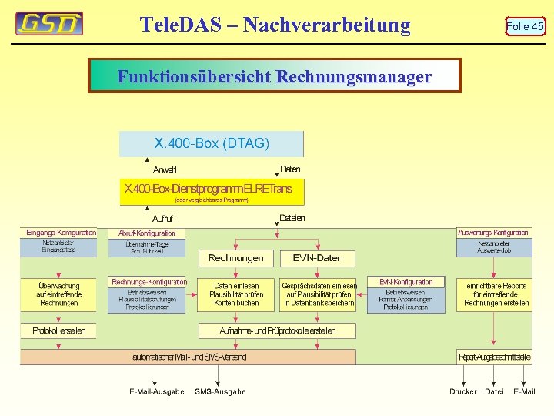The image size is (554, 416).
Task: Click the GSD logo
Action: click(x=49, y=24)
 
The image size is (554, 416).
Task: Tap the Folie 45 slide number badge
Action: click(x=525, y=26)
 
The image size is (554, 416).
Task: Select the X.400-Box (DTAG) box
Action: click(x=212, y=143)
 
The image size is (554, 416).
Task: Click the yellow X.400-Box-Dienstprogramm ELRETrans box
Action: click(x=208, y=191)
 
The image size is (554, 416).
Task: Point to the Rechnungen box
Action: click(x=235, y=258)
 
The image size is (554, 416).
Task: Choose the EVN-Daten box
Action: click(x=318, y=258)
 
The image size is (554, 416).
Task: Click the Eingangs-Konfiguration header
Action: click(x=62, y=233)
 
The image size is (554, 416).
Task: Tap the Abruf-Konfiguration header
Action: click(x=147, y=233)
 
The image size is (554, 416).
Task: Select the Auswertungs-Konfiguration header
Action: click(x=493, y=233)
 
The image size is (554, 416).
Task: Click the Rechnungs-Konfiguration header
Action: click(x=149, y=282)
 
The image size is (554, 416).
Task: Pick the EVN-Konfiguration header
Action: click(x=406, y=282)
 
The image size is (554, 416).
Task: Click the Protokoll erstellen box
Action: click(x=59, y=330)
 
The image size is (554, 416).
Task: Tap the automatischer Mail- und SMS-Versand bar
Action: click(x=189, y=357)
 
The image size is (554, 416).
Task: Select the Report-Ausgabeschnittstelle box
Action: click(x=494, y=357)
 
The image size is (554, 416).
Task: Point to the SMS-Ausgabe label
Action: click(x=220, y=392)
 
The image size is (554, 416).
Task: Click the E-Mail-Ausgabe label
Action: click(x=156, y=392)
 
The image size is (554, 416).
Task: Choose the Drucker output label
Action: click(x=463, y=392)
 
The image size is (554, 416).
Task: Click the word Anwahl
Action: click(x=165, y=169)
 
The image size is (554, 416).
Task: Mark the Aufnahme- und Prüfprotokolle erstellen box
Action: click(x=278, y=330)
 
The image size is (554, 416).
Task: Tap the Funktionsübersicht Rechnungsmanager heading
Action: click(x=275, y=77)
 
